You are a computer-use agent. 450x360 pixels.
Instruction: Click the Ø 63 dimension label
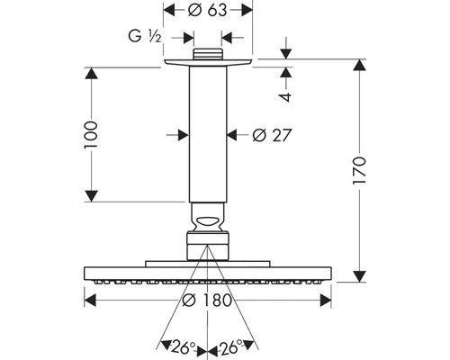pos(207,11)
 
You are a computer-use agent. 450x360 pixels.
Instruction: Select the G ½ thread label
pos(145,37)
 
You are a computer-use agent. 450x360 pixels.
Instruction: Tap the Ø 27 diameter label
pos(272,135)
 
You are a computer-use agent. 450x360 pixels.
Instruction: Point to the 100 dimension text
pos(91,134)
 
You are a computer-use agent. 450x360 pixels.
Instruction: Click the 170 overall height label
pos(359,170)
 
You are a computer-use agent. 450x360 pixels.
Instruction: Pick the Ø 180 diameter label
pos(207,300)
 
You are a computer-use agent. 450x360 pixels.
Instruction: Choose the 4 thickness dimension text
pos(285,97)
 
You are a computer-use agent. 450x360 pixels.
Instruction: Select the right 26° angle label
pos(230,347)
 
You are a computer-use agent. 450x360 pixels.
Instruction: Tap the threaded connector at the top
pos(208,54)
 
